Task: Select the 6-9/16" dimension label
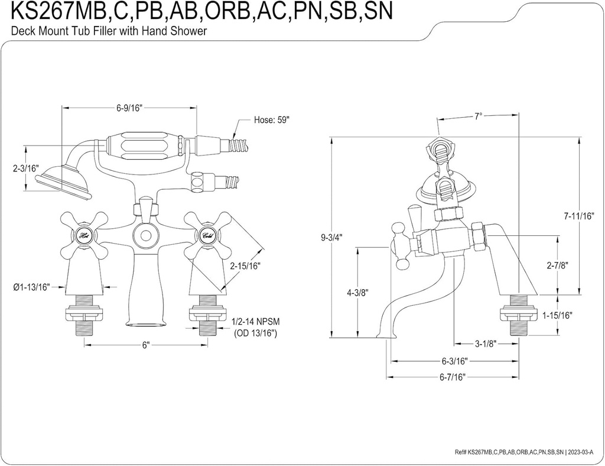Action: (x=129, y=107)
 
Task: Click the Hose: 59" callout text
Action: (x=272, y=119)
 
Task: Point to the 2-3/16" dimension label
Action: (x=26, y=169)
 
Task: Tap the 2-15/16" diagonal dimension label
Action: (x=246, y=266)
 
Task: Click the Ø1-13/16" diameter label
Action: (x=31, y=287)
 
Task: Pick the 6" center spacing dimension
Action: (x=146, y=345)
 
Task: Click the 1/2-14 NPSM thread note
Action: (x=256, y=322)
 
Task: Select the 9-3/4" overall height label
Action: (x=331, y=238)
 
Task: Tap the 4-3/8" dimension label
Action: (x=357, y=292)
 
